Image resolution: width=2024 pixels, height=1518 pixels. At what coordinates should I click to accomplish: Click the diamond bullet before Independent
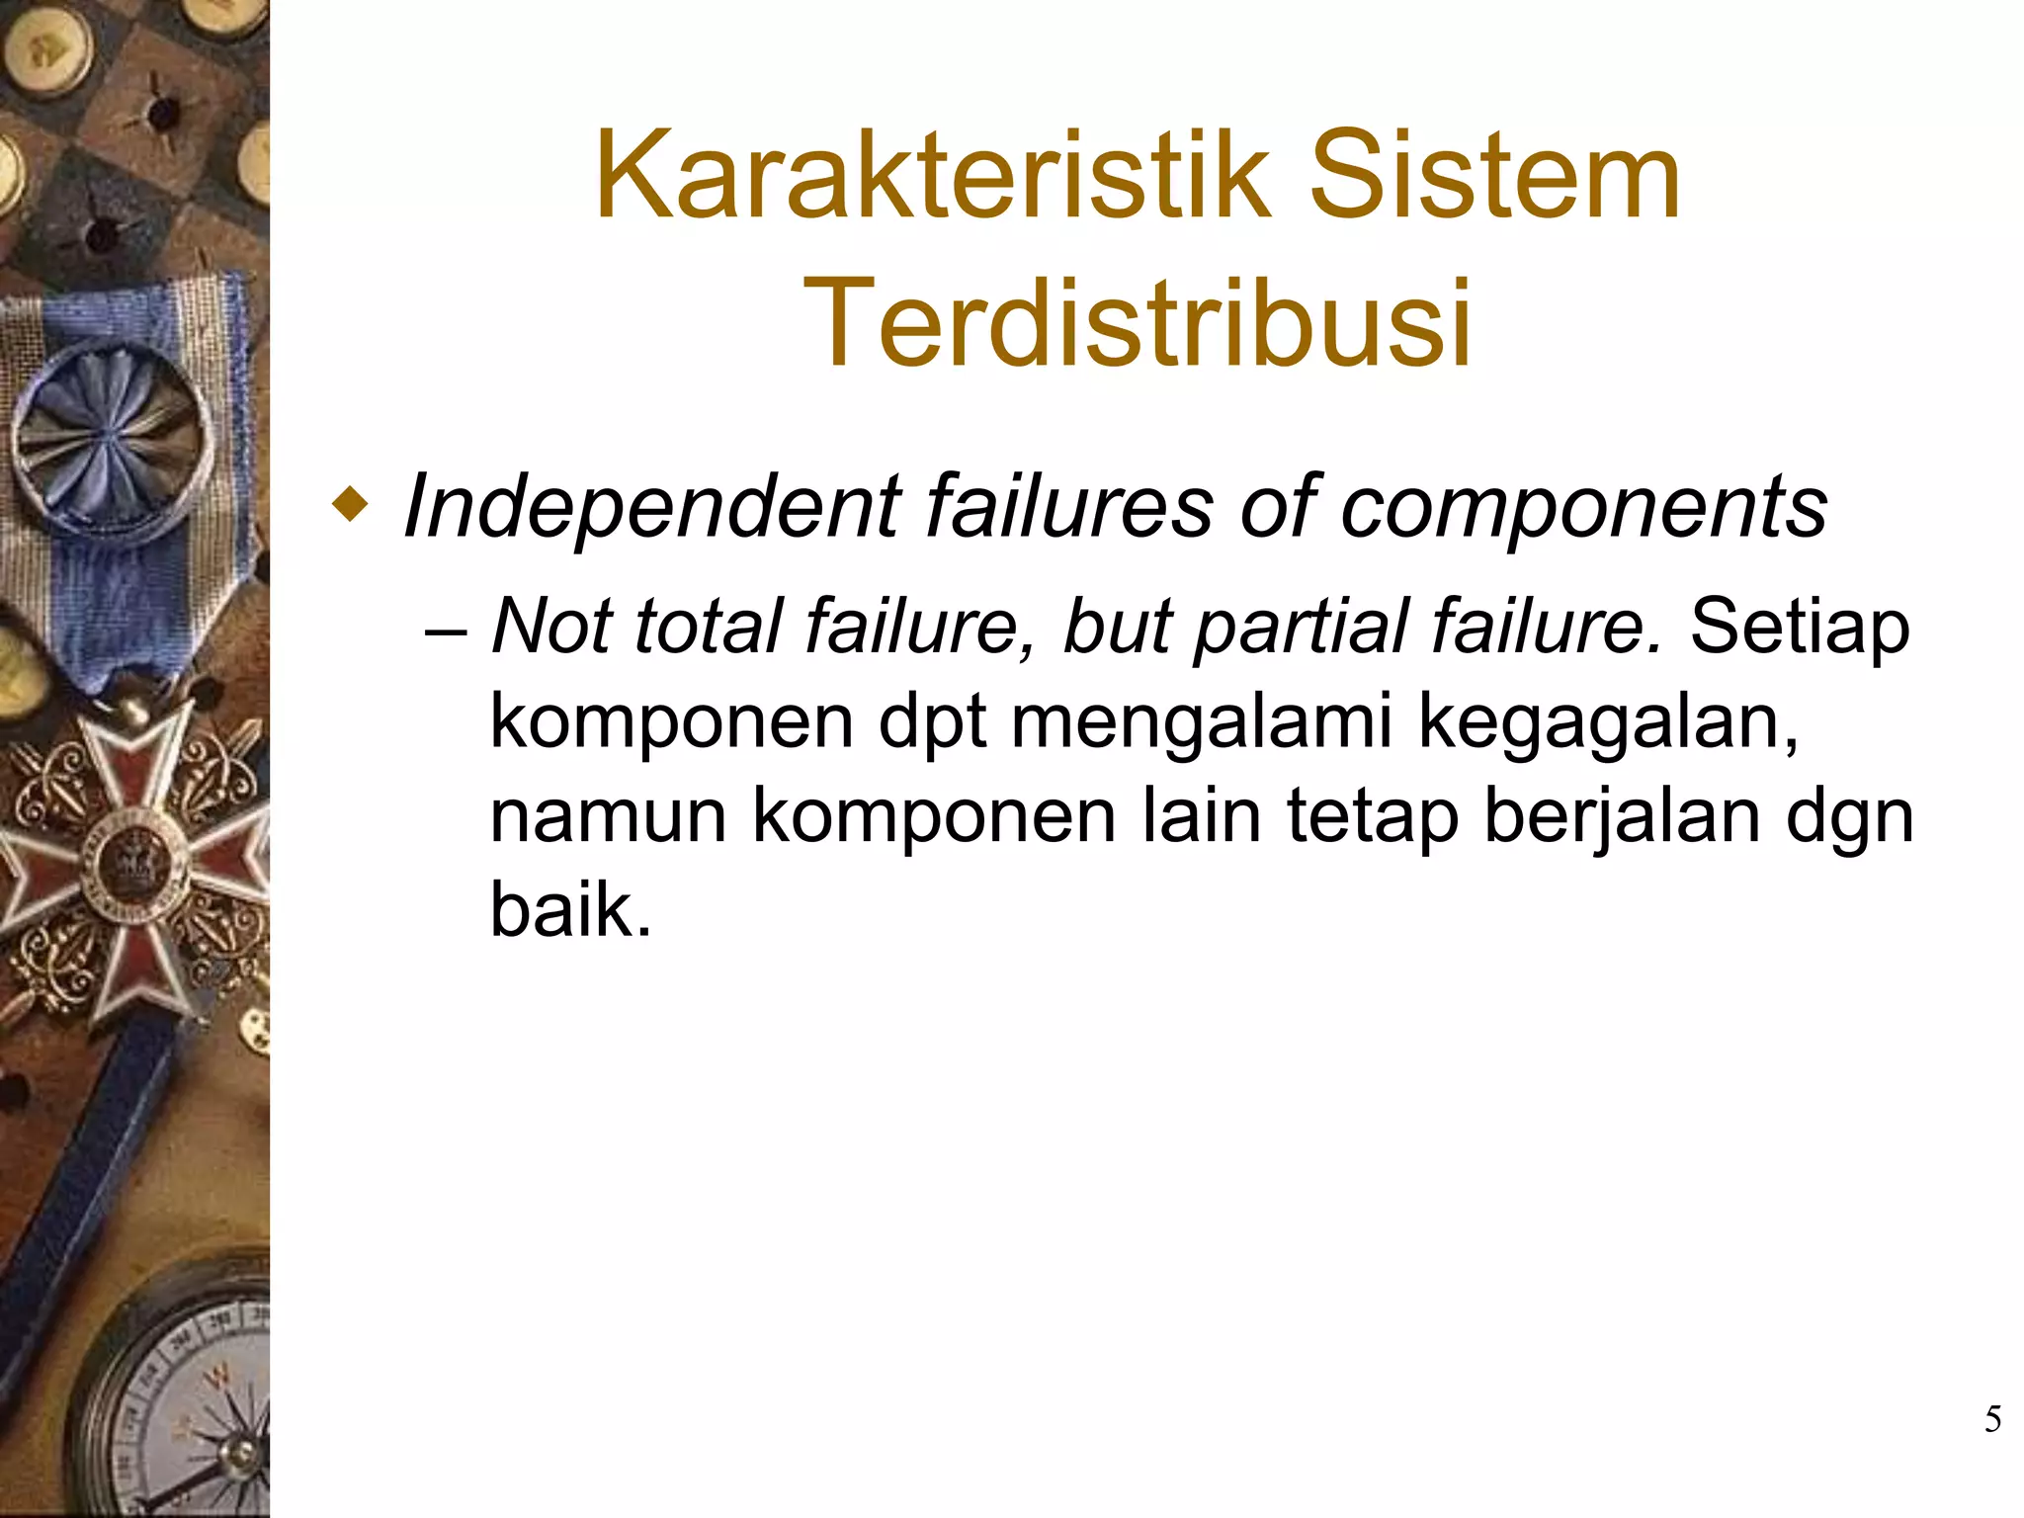[x=350, y=509]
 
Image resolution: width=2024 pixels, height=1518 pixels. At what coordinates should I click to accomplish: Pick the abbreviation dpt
[x=933, y=722]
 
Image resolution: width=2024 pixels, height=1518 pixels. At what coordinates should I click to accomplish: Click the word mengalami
[x=1201, y=722]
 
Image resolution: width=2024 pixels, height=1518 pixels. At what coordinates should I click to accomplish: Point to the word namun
[x=608, y=816]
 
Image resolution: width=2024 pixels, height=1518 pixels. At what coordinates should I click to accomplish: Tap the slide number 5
[x=1992, y=1420]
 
